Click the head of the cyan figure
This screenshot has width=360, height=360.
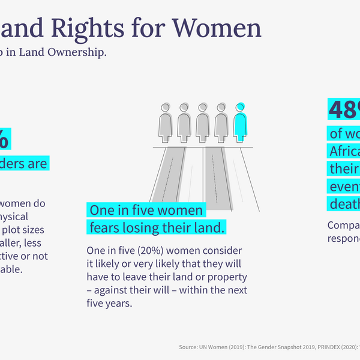pos(241,107)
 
